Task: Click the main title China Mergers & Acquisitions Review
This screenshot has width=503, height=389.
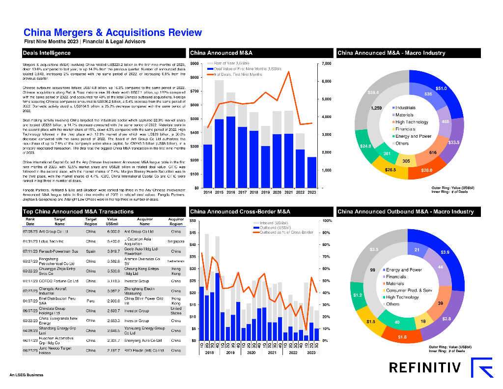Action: pyautogui.click(x=112, y=32)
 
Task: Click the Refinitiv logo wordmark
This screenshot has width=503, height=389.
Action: pyautogui.click(x=425, y=367)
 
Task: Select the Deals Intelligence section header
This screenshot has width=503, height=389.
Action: pyautogui.click(x=47, y=53)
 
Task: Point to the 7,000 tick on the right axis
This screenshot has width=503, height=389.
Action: pyautogui.click(x=327, y=64)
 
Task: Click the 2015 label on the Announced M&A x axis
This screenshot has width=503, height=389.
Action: pyautogui.click(x=219, y=192)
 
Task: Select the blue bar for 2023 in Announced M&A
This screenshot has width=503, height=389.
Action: pyautogui.click(x=311, y=172)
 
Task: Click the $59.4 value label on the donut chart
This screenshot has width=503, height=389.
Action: pyautogui.click(x=373, y=92)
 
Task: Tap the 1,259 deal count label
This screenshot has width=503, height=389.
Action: pyautogui.click(x=376, y=108)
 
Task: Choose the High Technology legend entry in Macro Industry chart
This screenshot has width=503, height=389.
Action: pyautogui.click(x=412, y=122)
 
